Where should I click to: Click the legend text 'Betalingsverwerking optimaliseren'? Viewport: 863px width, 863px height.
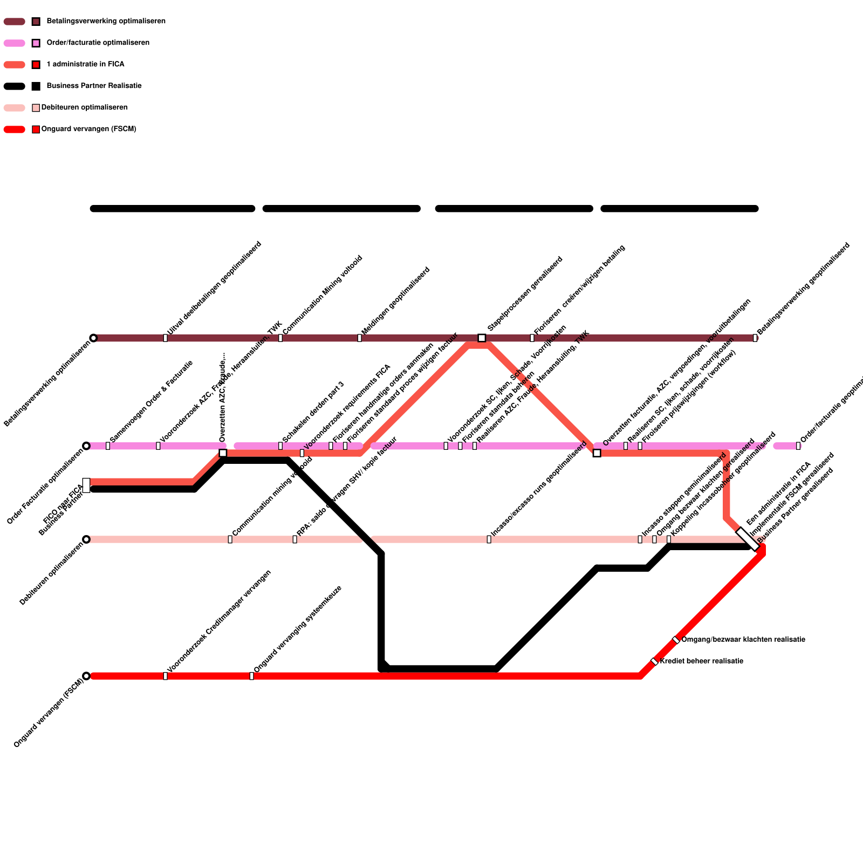pyautogui.click(x=106, y=22)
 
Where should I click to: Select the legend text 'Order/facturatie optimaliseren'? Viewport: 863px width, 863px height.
pyautogui.click(x=98, y=43)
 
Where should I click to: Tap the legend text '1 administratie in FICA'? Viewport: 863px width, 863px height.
pyautogui.click(x=85, y=65)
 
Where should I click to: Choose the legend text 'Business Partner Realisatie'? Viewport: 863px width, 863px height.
pyautogui.click(x=94, y=86)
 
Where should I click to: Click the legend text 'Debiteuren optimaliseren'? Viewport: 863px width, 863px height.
pyautogui.click(x=84, y=108)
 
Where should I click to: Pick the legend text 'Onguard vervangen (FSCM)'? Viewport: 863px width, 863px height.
pyautogui.click(x=88, y=129)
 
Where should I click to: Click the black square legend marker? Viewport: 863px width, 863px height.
pyautogui.click(x=36, y=86)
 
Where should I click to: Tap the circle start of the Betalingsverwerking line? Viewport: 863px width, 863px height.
pyautogui.click(x=93, y=338)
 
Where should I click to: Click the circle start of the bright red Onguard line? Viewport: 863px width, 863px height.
pyautogui.click(x=86, y=676)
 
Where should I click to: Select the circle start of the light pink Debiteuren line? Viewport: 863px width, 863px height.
pyautogui.click(x=86, y=539)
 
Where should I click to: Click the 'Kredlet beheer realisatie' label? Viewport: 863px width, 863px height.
pyautogui.click(x=701, y=661)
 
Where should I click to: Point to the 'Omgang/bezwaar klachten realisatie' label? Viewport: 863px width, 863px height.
pyautogui.click(x=743, y=640)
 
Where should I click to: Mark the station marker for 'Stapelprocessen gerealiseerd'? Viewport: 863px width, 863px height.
pyautogui.click(x=482, y=338)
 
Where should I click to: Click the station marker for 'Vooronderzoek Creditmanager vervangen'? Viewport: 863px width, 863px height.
pyautogui.click(x=165, y=676)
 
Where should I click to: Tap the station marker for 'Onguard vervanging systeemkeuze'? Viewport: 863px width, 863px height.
pyautogui.click(x=251, y=676)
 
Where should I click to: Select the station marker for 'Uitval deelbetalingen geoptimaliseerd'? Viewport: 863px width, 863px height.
pyautogui.click(x=165, y=338)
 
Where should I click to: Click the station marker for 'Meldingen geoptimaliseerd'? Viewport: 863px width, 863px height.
pyautogui.click(x=359, y=338)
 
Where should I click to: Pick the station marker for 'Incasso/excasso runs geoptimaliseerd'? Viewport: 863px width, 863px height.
pyautogui.click(x=489, y=539)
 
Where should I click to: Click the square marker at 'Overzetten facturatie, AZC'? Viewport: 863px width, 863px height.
pyautogui.click(x=597, y=453)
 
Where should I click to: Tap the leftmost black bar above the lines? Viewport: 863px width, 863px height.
pyautogui.click(x=173, y=209)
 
